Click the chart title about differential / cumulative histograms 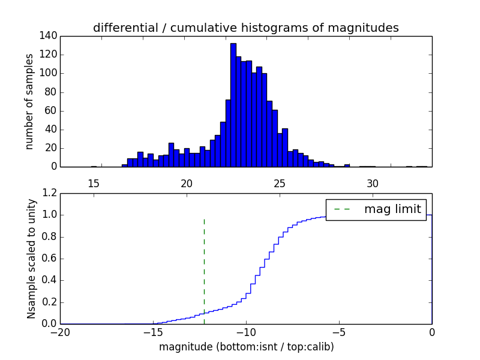pyautogui.click(x=245, y=28)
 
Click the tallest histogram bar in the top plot pyautogui.click(x=233, y=105)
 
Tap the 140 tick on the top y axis pyautogui.click(x=50, y=36)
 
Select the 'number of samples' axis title pyautogui.click(x=29, y=101)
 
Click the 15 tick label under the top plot pyautogui.click(x=94, y=184)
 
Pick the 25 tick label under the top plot pyautogui.click(x=280, y=184)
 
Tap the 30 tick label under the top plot pyautogui.click(x=373, y=184)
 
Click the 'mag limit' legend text pyautogui.click(x=392, y=209)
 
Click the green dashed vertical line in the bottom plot pyautogui.click(x=204, y=264)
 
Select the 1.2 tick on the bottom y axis pyautogui.click(x=50, y=193)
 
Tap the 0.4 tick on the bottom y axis pyautogui.click(x=50, y=280)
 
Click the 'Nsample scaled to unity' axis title pyautogui.click(x=31, y=258)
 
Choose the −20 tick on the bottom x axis pyautogui.click(x=60, y=332)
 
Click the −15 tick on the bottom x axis pyautogui.click(x=153, y=332)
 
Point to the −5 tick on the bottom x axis pyautogui.click(x=339, y=332)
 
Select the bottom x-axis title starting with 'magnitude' pyautogui.click(x=246, y=347)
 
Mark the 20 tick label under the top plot pyautogui.click(x=187, y=184)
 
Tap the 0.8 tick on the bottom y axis pyautogui.click(x=50, y=236)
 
